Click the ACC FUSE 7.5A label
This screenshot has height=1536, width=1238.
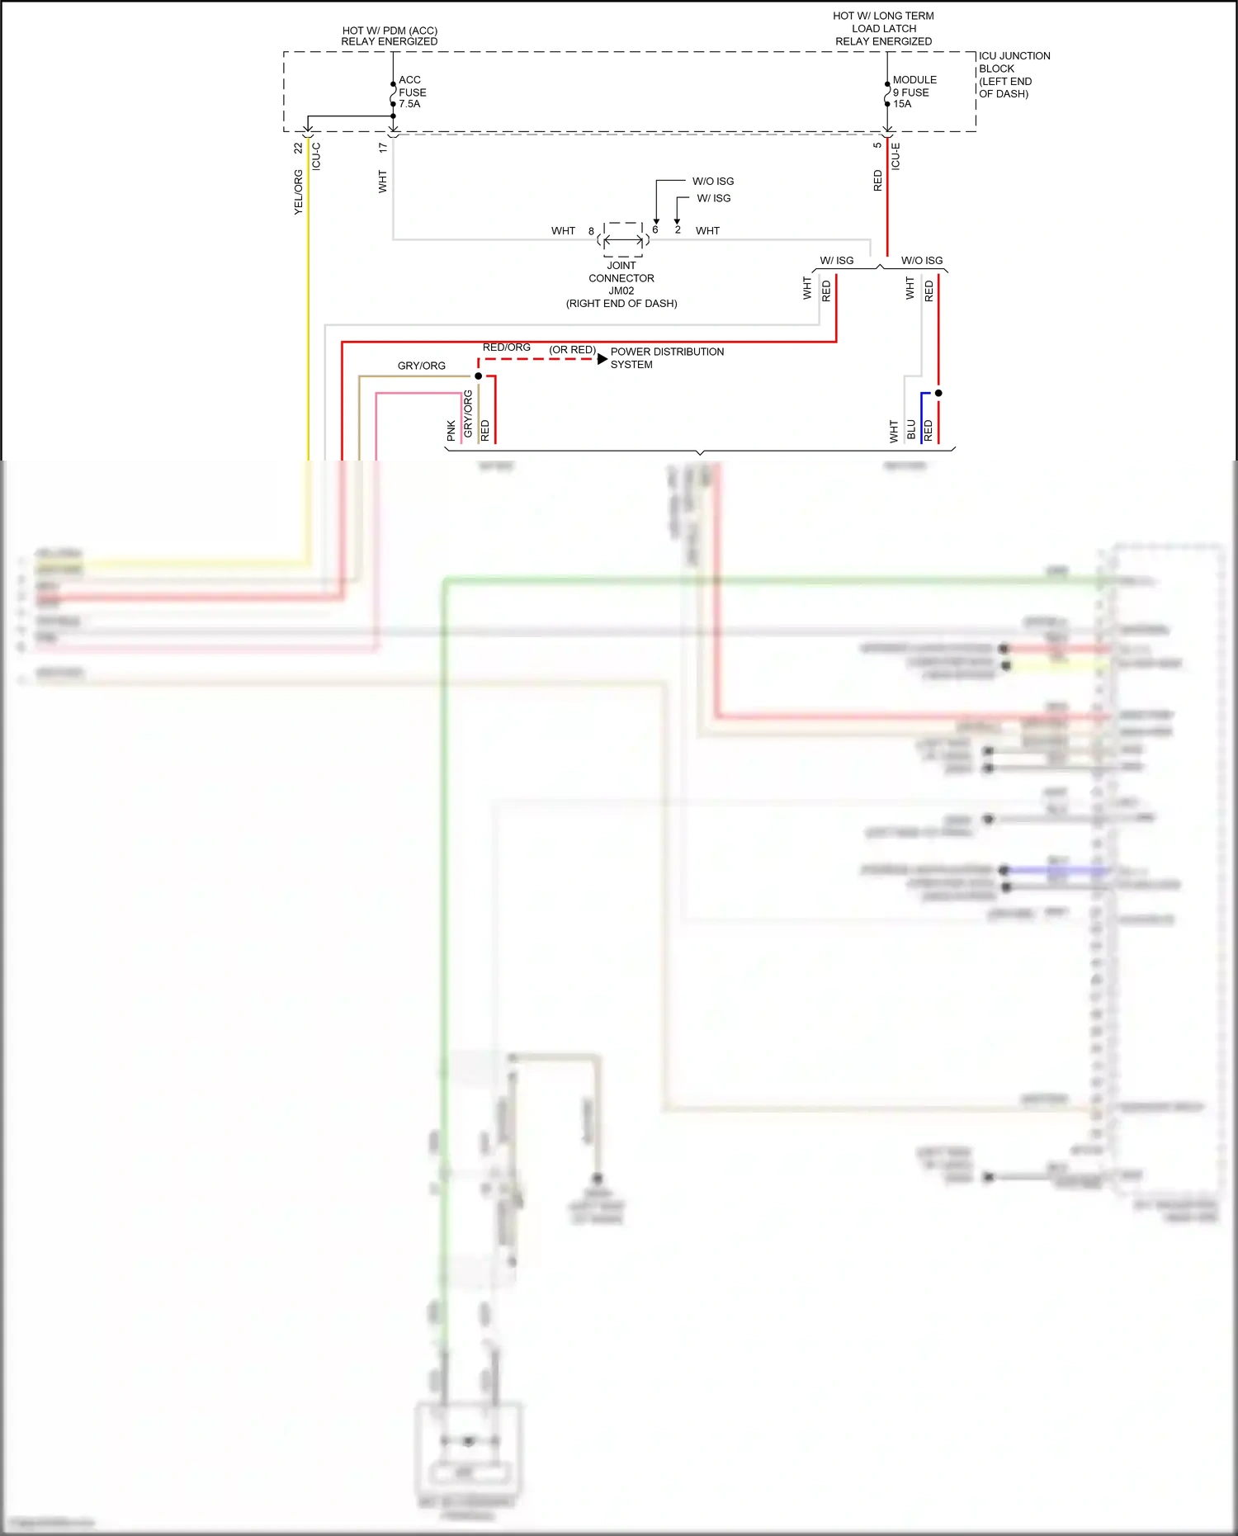412,92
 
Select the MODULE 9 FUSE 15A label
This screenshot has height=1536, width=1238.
914,92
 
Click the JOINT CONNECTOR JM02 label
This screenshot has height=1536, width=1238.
621,284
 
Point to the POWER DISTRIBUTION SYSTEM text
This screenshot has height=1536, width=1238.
666,357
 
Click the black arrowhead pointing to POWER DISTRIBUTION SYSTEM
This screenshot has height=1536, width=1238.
602,359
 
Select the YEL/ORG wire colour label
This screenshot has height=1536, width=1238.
299,192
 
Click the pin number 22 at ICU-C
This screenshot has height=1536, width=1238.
299,149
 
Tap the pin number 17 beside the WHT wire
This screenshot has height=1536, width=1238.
383,148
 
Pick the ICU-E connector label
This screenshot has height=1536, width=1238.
895,156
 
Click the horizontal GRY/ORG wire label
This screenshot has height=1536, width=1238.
421,366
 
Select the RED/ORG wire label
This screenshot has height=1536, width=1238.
506,347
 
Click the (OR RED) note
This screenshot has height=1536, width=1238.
572,350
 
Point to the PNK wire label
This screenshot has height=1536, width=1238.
451,429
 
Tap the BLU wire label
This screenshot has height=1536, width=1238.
911,429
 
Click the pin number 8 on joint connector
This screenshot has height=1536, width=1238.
591,231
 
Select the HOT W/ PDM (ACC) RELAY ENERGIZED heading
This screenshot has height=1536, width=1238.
390,35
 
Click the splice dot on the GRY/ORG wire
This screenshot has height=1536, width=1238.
478,376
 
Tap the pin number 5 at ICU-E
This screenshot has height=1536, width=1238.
877,145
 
